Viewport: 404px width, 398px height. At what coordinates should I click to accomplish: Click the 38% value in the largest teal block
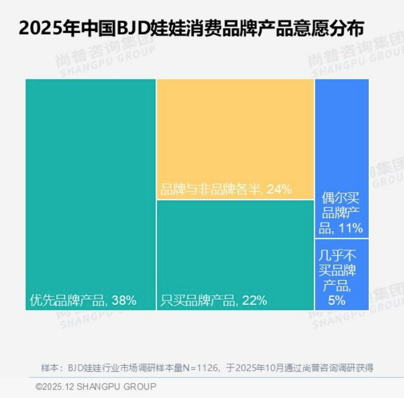pos(124,300)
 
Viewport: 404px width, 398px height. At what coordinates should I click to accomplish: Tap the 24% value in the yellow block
pos(280,189)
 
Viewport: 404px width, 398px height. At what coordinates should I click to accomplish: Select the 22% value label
pos(254,300)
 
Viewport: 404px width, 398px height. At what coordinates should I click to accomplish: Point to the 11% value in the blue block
pos(350,228)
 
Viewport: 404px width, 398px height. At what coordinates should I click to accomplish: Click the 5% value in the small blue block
pos(337,300)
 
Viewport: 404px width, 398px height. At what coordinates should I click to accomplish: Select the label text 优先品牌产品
pos(67,300)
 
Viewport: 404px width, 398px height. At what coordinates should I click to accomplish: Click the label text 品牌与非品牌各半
pos(210,189)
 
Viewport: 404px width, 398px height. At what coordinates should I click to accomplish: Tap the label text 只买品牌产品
pos(197,300)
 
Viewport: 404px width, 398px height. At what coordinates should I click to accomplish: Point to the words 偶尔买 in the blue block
pos(340,198)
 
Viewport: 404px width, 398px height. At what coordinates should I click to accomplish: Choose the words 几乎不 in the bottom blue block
pos(337,255)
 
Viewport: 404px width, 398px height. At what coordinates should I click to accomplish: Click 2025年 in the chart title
pos(49,28)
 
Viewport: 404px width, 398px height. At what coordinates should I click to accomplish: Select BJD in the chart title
pos(133,28)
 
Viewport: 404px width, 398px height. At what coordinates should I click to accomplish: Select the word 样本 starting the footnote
pos(49,368)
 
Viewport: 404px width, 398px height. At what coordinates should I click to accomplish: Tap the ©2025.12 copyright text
pos(55,386)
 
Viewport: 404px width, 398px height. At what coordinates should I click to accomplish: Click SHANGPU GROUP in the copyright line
pos(116,386)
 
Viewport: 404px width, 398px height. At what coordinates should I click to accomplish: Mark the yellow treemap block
pos(235,139)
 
